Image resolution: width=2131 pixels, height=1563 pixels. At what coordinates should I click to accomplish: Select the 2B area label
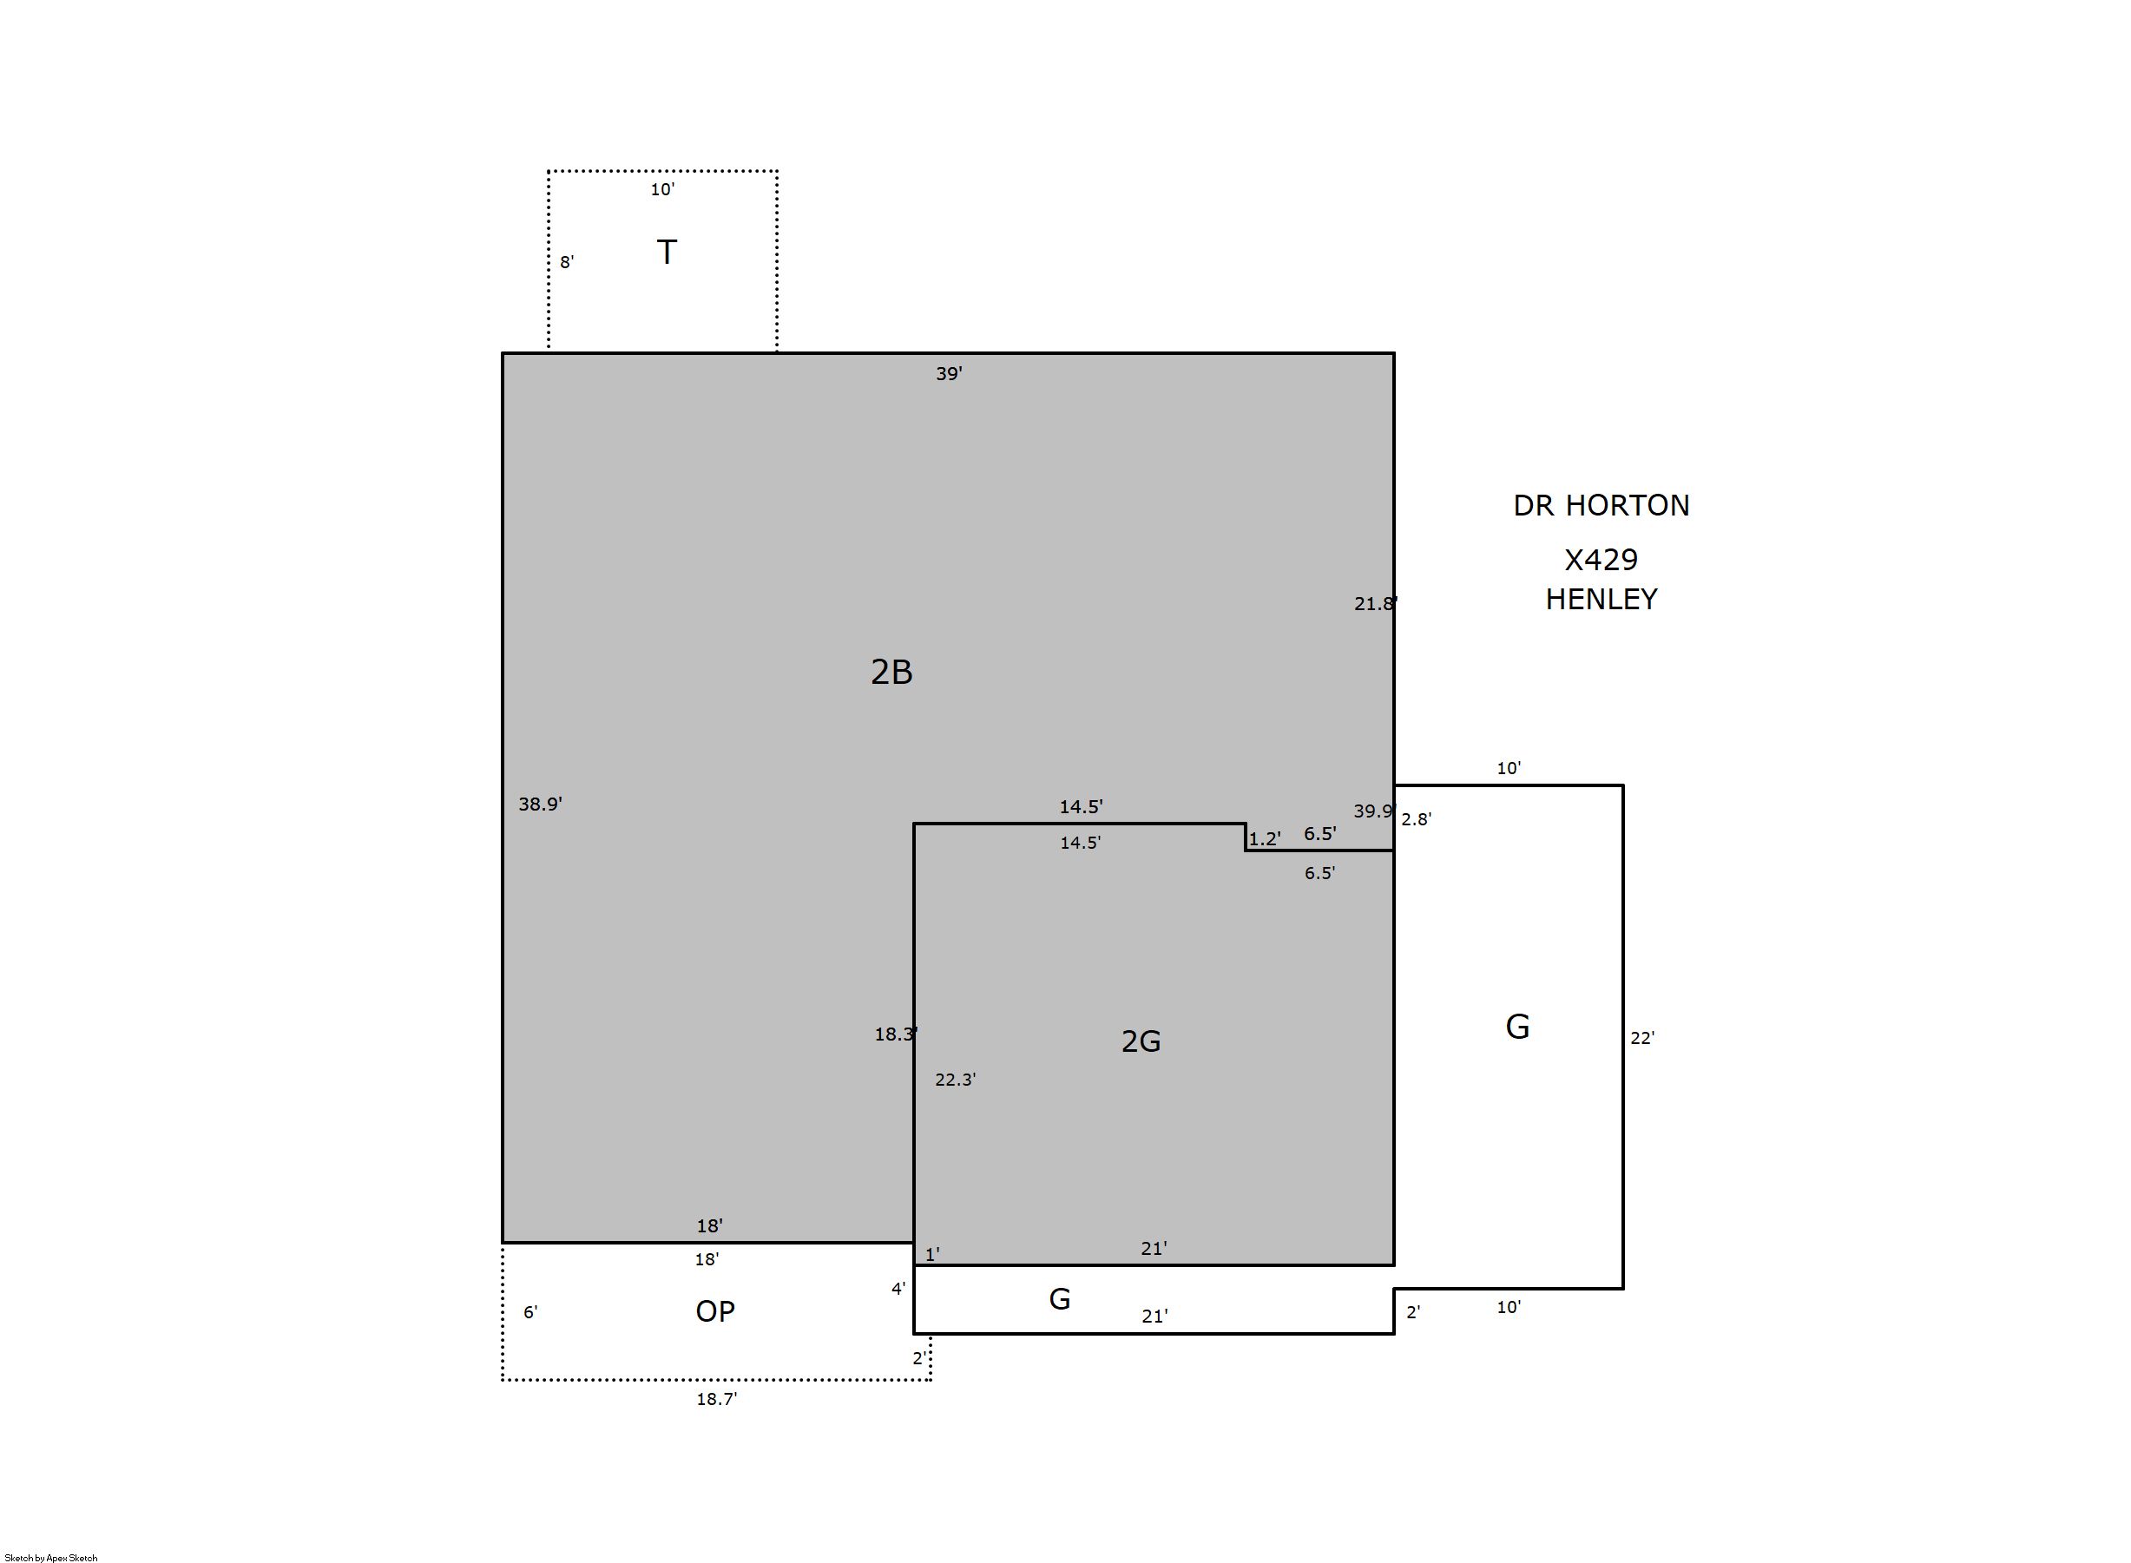891,672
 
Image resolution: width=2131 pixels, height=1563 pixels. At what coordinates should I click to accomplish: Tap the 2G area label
1141,1041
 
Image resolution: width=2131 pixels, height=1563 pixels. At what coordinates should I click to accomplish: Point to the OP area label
714,1310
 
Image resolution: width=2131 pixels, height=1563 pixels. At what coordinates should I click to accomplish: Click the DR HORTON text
1602,505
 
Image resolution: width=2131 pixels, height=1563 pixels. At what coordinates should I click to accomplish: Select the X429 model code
1602,560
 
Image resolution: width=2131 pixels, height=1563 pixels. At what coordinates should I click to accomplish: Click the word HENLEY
1602,599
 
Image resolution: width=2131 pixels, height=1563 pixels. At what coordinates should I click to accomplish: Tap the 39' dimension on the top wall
949,374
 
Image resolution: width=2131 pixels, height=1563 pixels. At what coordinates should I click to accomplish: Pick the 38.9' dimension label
540,804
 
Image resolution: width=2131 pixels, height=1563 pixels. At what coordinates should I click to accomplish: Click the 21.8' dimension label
1376,604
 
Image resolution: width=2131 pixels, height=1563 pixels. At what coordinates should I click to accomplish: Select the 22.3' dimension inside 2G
955,1080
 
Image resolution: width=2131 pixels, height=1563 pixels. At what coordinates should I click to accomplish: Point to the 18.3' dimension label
896,1034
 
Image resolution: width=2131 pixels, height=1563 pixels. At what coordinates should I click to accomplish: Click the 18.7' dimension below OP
716,1399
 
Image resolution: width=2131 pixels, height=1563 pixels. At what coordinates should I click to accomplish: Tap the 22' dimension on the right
1641,1038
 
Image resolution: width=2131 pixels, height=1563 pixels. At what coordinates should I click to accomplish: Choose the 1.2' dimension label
1264,838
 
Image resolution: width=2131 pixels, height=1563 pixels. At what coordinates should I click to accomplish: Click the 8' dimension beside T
567,262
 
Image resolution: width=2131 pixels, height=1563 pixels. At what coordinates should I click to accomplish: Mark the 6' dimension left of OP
529,1312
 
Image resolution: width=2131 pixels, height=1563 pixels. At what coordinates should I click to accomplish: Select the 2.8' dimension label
1416,819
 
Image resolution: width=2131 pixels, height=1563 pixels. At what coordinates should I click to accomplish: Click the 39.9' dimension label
1375,811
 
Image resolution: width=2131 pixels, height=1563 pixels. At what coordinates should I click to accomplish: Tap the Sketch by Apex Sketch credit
51,1557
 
